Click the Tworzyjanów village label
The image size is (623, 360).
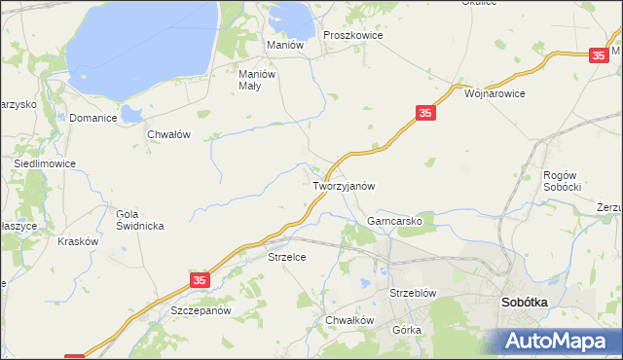click(344, 185)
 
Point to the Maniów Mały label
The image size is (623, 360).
click(258, 79)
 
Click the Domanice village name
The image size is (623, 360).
click(93, 118)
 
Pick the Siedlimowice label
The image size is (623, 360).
click(45, 164)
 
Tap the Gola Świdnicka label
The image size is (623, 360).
click(140, 219)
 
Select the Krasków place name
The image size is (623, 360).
click(79, 241)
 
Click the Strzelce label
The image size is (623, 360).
click(287, 257)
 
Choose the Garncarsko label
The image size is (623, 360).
click(394, 222)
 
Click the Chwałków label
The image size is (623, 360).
click(350, 320)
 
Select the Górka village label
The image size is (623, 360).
click(407, 330)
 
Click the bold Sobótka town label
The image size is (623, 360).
click(524, 303)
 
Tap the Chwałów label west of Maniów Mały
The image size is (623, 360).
click(168, 135)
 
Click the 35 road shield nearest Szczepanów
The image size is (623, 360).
click(200, 280)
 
